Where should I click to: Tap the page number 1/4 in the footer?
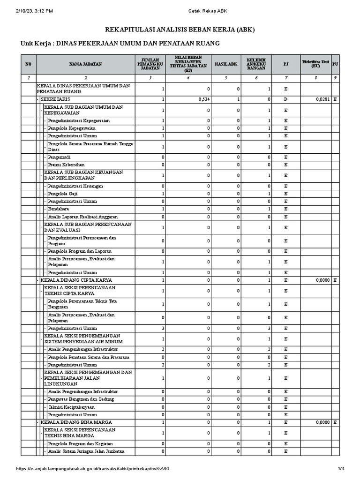coord(341,469)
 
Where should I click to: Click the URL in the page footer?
coord(92,469)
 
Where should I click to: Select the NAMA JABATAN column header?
coord(86,64)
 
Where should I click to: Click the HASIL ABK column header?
coord(226,64)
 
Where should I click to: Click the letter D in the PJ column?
coord(286,100)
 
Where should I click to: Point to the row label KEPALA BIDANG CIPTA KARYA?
coord(74,280)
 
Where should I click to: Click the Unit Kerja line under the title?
coord(120,44)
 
